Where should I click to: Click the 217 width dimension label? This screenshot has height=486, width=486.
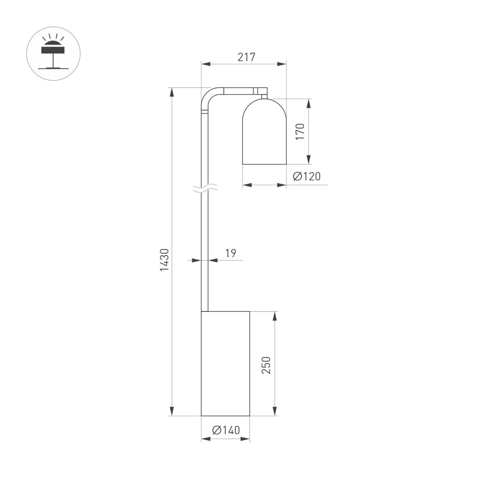coord(246,58)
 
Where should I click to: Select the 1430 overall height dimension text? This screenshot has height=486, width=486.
coord(164,260)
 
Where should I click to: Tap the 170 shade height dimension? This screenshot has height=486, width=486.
coord(300,132)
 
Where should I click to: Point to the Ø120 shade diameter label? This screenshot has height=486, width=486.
coord(306,176)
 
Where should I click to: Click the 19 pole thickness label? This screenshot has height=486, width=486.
coord(230,254)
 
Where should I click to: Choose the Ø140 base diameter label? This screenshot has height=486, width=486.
coord(226,430)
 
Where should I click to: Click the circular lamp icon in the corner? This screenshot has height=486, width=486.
coord(53,54)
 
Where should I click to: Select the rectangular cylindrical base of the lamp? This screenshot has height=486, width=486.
coord(225,363)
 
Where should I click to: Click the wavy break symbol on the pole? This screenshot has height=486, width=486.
coord(205,188)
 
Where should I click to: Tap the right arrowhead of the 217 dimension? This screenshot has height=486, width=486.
coord(282,64)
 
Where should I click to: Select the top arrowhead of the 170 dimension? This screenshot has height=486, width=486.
coord(309,103)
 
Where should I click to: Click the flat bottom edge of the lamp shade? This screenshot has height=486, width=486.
coord(264,164)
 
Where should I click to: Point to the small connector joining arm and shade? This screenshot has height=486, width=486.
coord(264,96)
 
